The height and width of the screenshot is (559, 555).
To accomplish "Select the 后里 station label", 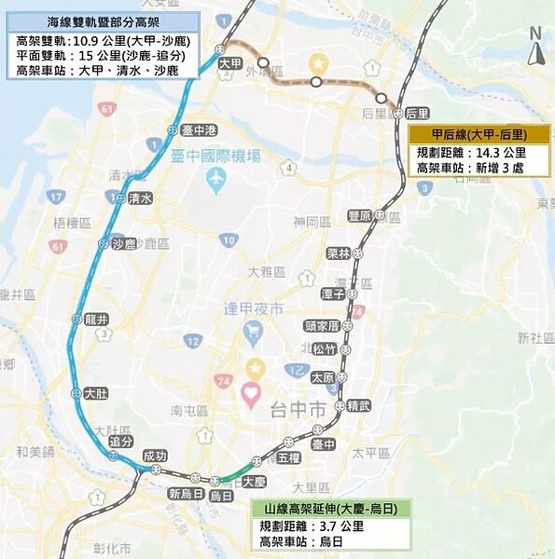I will pyautogui.click(x=417, y=113).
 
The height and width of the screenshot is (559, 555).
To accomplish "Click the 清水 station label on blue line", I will pyautogui.click(x=140, y=198).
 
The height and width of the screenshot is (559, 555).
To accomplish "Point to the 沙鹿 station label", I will pyautogui.click(x=123, y=244).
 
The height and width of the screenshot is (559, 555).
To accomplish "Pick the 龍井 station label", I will pyautogui.click(x=96, y=319).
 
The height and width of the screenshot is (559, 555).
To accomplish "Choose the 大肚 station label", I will pyautogui.click(x=95, y=394).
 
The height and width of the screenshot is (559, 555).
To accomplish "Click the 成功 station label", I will pyautogui.click(x=154, y=456).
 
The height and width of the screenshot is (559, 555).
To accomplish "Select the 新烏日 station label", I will pyautogui.click(x=185, y=493).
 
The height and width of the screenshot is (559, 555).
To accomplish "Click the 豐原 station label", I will pyautogui.click(x=360, y=215).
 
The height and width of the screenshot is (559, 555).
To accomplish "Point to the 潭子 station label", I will pyautogui.click(x=333, y=293).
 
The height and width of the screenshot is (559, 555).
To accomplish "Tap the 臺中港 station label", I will pyautogui.click(x=198, y=130).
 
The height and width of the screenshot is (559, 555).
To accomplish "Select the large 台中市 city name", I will pyautogui.click(x=298, y=409).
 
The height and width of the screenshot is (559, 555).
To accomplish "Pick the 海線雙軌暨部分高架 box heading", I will pyautogui.click(x=101, y=22).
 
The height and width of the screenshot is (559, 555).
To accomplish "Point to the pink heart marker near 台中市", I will pyautogui.click(x=250, y=394).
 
